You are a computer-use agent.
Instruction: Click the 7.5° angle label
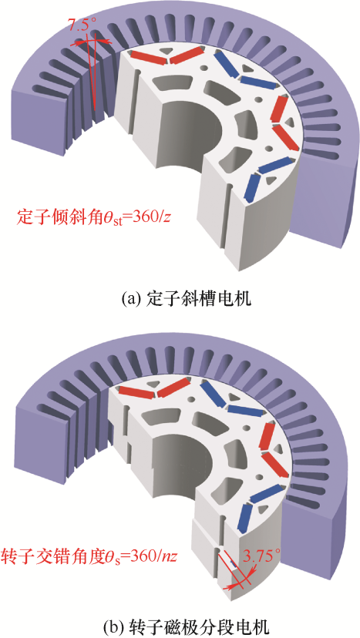82,25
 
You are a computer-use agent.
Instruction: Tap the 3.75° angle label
263,554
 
